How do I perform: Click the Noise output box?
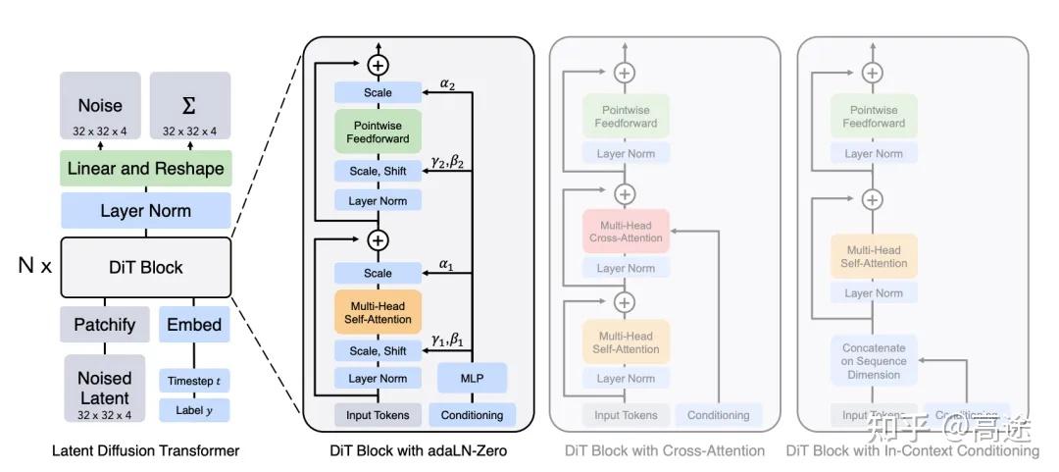coord(100,111)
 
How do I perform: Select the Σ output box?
coord(190,111)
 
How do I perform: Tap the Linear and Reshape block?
coord(145,169)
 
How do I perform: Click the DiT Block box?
coord(145,267)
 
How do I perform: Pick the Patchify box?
coord(104,324)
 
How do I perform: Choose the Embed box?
coord(193,324)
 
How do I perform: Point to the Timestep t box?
coord(193,381)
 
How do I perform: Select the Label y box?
coord(193,410)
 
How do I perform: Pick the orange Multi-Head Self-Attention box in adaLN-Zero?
coord(378,311)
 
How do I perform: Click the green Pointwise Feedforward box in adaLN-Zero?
coord(378,131)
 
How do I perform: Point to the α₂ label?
coord(447,84)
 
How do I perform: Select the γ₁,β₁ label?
coord(447,340)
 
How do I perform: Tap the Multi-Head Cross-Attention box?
coord(626,232)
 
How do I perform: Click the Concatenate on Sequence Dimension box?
coord(874,361)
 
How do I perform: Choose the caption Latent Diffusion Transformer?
coord(145,451)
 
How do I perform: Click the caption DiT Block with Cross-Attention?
coord(665,451)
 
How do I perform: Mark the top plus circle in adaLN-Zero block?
coord(378,66)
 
